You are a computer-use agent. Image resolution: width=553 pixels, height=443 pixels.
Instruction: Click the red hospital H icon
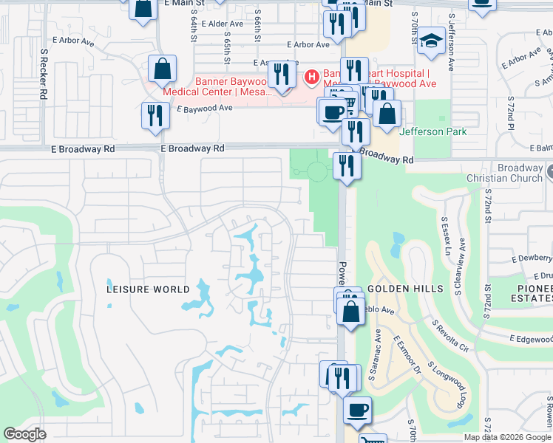coord(312,75)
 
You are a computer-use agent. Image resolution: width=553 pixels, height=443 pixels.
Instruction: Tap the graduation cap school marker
coord(431,42)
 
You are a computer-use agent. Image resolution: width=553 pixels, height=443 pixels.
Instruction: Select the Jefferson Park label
coord(432,131)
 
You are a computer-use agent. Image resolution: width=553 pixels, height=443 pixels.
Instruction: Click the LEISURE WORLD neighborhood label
coord(148,289)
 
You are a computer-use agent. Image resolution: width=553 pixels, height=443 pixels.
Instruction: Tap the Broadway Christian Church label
coord(506,173)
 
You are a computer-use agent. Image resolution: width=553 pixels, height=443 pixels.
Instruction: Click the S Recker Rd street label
coord(44,75)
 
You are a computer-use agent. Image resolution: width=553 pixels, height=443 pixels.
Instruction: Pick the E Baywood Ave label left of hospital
coord(205,108)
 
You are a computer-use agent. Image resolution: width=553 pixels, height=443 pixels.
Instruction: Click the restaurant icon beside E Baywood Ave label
coord(155,116)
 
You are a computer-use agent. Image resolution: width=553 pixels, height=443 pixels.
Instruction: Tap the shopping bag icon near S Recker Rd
coord(162,70)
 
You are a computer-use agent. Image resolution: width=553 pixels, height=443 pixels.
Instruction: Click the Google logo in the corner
coord(24,434)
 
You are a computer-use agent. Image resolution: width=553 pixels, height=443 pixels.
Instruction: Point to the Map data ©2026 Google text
coord(507,437)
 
